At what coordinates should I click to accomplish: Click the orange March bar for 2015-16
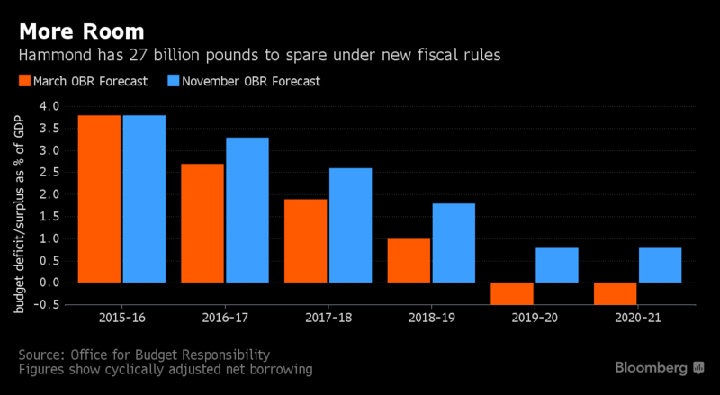100,199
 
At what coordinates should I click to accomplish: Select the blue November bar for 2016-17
247,210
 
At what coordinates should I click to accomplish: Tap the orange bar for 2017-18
306,241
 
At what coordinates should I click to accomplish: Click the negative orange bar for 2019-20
512,293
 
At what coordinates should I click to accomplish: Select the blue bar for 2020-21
659,265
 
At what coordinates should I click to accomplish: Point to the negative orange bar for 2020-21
616,293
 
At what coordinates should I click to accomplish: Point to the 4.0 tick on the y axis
49,106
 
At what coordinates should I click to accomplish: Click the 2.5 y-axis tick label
49,173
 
